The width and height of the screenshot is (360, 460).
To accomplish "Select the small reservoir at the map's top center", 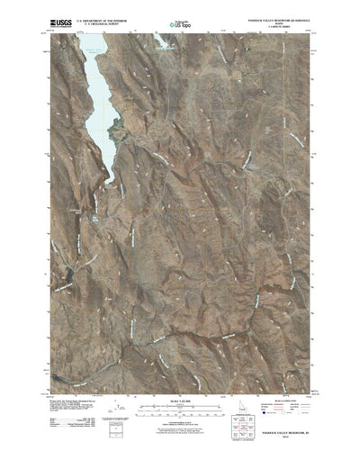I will pos(166,42).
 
